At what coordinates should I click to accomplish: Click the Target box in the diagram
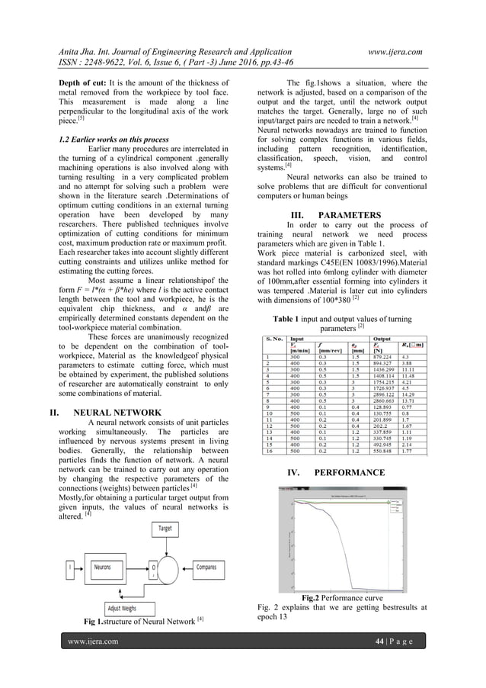click(x=165, y=528)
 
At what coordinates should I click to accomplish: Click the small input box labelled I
click(x=69, y=567)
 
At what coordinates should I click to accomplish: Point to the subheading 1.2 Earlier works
click(x=104, y=140)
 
